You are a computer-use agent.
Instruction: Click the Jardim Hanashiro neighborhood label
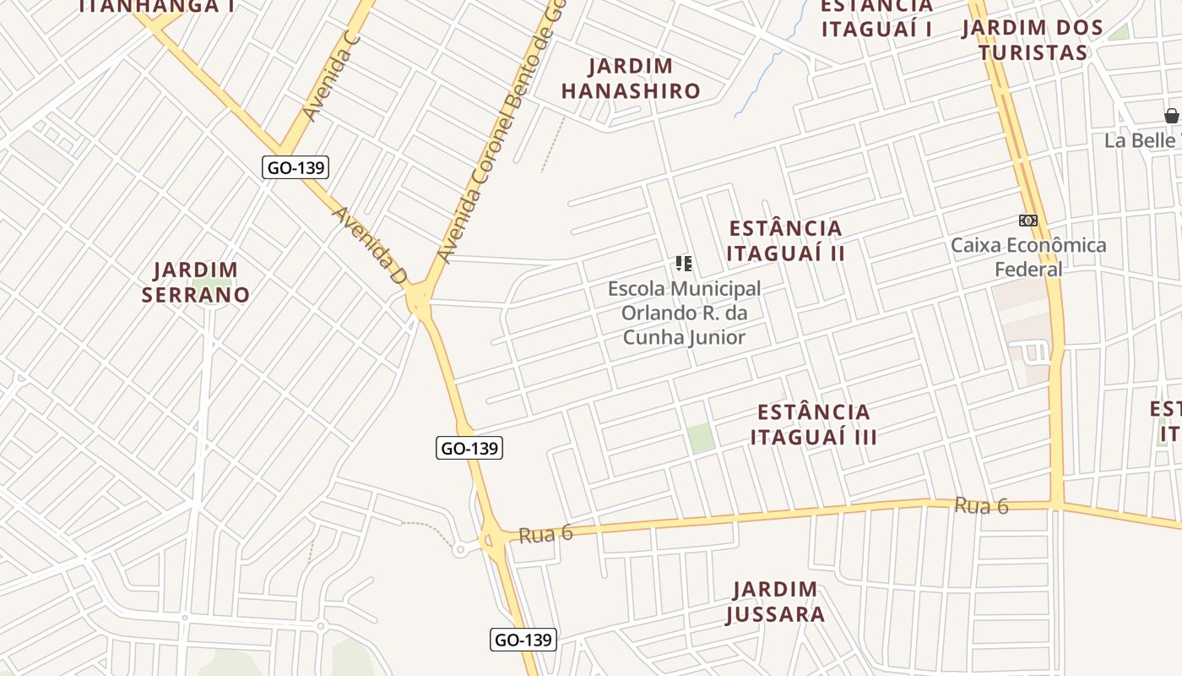tap(631, 78)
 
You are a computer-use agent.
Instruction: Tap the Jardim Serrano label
tap(196, 282)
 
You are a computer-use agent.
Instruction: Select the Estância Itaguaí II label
tap(785, 241)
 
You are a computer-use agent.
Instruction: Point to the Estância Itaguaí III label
tap(814, 424)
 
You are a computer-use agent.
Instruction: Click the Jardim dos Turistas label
tap(1033, 40)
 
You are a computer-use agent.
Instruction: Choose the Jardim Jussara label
tap(775, 602)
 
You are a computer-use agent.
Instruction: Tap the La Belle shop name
tap(1140, 140)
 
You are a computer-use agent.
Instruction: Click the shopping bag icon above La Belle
tap(1171, 116)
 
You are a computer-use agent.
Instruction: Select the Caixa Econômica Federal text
tap(1028, 257)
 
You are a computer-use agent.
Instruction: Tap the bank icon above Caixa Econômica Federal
tap(1028, 221)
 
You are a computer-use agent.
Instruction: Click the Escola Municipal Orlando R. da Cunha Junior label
tap(684, 313)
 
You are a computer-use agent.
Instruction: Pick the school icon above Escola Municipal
tap(684, 264)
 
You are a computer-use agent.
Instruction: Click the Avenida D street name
tap(370, 243)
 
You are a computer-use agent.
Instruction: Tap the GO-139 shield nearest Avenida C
tap(295, 167)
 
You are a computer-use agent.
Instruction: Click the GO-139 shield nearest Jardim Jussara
tap(523, 640)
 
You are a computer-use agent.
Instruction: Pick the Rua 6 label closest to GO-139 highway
tap(545, 534)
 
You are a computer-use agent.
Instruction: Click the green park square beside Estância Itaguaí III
tap(701, 438)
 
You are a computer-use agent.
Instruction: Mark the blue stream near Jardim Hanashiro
tap(764, 72)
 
